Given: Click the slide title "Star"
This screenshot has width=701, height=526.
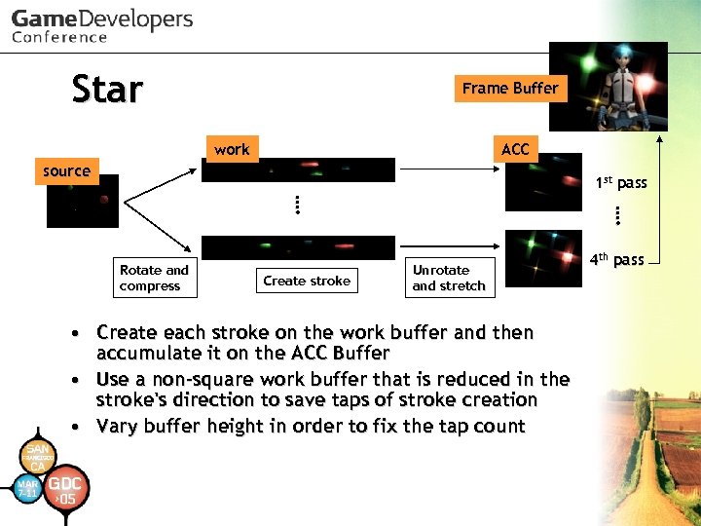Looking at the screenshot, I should (x=107, y=90).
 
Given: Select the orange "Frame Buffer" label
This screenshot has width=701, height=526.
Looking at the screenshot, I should (x=509, y=88).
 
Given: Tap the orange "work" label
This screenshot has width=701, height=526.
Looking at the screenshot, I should (x=232, y=149).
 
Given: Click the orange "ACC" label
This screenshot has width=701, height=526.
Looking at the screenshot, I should (x=515, y=148).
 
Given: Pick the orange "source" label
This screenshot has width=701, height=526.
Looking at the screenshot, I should (x=66, y=170).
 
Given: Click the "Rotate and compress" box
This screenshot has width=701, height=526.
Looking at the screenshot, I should (x=154, y=278).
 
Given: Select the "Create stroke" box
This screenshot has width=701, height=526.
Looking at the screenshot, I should (x=307, y=281).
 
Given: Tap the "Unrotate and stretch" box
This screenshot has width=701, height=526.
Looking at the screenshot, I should (x=449, y=278).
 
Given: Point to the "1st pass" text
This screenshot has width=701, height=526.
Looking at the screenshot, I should (x=620, y=183).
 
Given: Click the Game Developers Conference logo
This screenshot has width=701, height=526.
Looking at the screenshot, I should (x=101, y=25).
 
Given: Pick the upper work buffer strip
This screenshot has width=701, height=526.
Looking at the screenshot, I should (x=298, y=170).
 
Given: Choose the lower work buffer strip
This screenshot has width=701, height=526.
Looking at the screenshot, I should (x=298, y=247).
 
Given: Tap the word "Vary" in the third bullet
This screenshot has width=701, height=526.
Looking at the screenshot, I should (x=119, y=426).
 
